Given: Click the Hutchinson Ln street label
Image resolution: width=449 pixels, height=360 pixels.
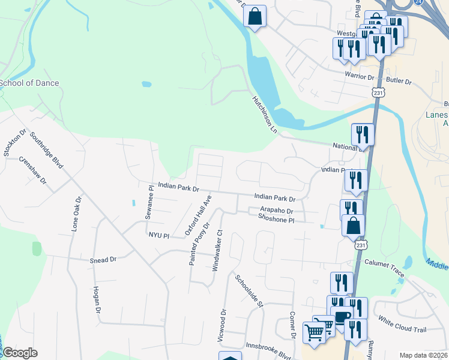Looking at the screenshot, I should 264,113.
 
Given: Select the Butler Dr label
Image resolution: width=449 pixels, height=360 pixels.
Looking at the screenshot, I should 399,80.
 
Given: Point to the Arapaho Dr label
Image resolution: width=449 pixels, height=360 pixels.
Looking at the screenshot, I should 276,211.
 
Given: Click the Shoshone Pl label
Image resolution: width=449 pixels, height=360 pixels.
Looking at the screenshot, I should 276,220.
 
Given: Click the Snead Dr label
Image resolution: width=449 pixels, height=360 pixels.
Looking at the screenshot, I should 103,260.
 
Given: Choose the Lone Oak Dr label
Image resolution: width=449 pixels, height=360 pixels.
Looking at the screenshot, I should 76,213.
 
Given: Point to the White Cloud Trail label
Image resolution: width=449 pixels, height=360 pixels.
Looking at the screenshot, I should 402,325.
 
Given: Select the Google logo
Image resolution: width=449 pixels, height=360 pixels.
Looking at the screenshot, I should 20,353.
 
